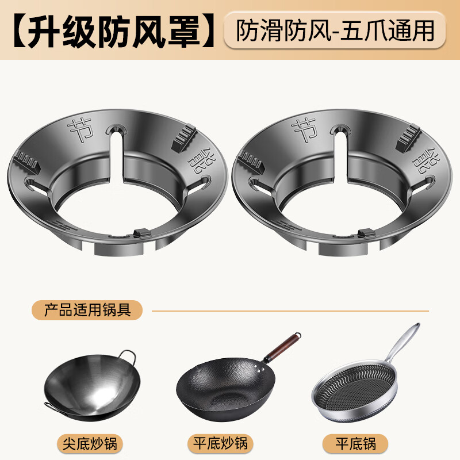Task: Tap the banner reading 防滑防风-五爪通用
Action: (335, 30)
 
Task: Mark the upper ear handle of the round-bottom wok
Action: (129, 356)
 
